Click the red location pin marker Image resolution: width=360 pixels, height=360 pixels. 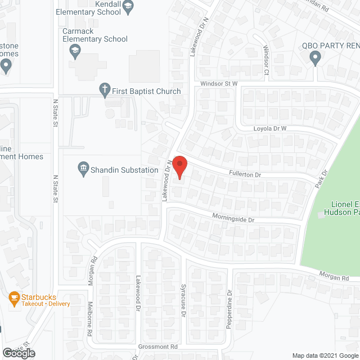[179, 167]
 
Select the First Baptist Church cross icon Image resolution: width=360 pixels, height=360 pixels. [104, 88]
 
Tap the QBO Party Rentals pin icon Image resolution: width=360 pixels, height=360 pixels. [316, 57]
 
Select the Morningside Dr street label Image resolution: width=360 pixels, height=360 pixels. [233, 217]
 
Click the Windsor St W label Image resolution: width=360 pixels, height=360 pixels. [220, 84]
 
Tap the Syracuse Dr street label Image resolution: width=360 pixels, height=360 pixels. [183, 301]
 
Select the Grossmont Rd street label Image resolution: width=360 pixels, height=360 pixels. [159, 346]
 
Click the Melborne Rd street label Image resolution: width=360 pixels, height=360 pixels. [89, 321]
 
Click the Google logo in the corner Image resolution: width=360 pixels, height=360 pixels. [18, 353]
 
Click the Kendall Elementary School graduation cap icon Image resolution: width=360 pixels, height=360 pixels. [128, 7]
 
